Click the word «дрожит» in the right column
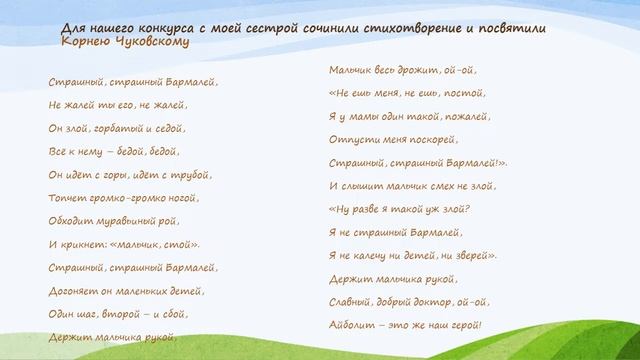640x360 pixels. tap(419, 70)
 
